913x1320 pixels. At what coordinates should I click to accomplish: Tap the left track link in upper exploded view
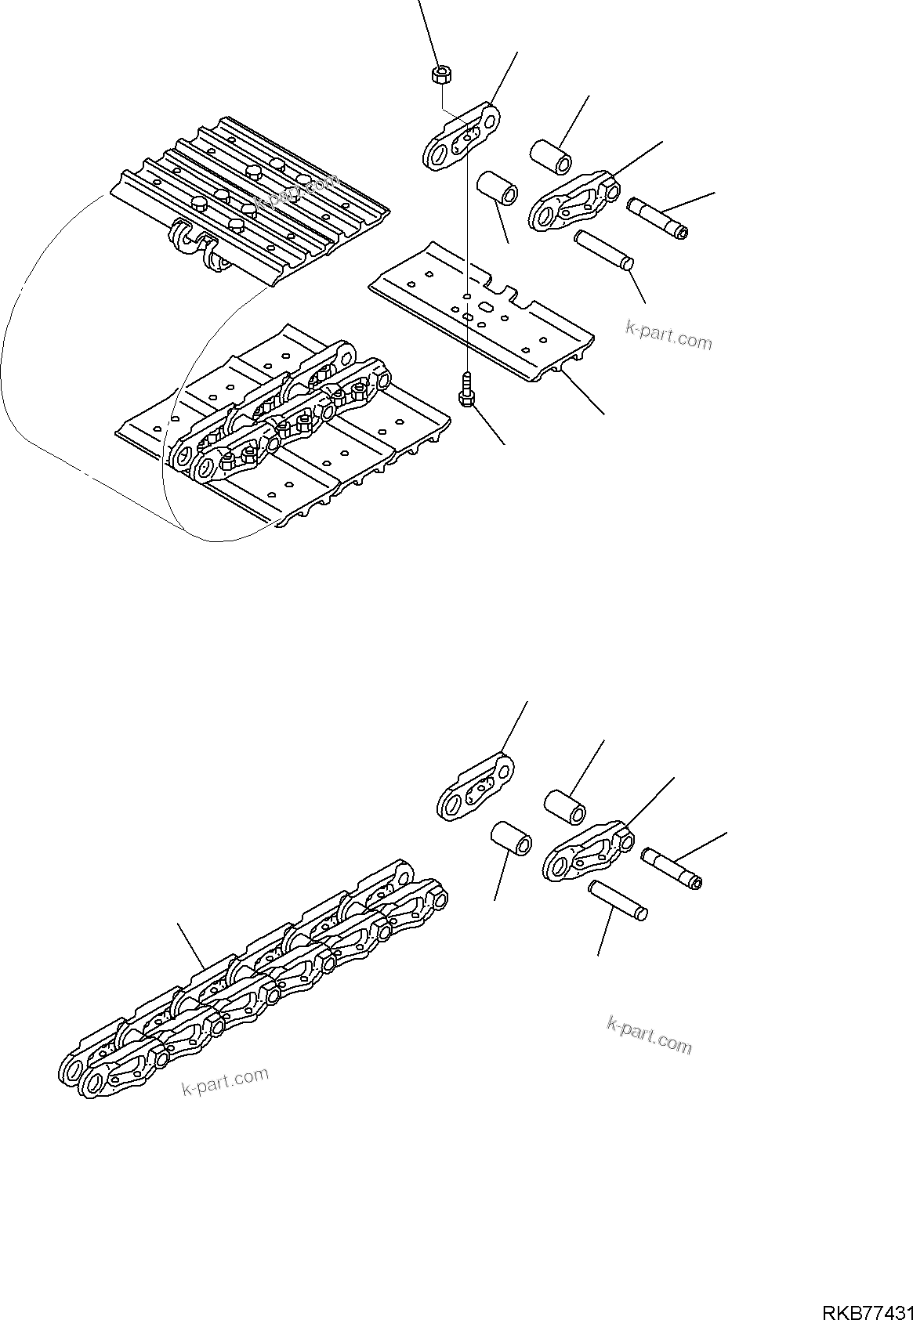tap(463, 136)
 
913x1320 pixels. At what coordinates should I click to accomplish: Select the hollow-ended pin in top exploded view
tap(658, 218)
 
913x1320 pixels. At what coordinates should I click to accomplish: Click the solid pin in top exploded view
tap(604, 251)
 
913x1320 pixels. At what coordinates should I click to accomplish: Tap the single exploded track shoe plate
tap(482, 313)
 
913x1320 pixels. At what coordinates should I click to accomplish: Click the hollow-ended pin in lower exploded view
tap(671, 868)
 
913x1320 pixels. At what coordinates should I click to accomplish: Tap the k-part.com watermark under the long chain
tap(225, 1083)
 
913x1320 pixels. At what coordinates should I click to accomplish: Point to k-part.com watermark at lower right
tap(649, 1034)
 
